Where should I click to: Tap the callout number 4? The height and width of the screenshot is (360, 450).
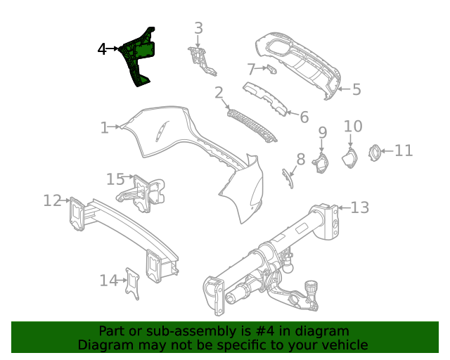pyautogui.click(x=102, y=49)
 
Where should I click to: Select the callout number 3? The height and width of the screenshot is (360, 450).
pyautogui.click(x=199, y=28)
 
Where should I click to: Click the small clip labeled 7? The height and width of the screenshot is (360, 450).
pyautogui.click(x=271, y=69)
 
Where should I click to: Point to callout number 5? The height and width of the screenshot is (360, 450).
pyautogui.click(x=356, y=89)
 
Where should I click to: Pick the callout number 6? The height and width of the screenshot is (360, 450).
pyautogui.click(x=304, y=117)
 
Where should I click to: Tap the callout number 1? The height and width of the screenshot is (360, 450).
pyautogui.click(x=104, y=127)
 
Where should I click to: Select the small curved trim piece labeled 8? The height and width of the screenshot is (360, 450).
pyautogui.click(x=287, y=178)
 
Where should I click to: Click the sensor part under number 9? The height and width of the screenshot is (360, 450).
pyautogui.click(x=321, y=163)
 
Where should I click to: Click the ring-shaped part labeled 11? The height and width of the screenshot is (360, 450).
pyautogui.click(x=375, y=150)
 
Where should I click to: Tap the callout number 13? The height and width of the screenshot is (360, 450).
pyautogui.click(x=359, y=207)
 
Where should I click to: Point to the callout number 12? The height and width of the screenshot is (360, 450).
pyautogui.click(x=52, y=200)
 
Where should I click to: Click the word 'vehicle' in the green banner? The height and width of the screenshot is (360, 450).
pyautogui.click(x=343, y=345)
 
